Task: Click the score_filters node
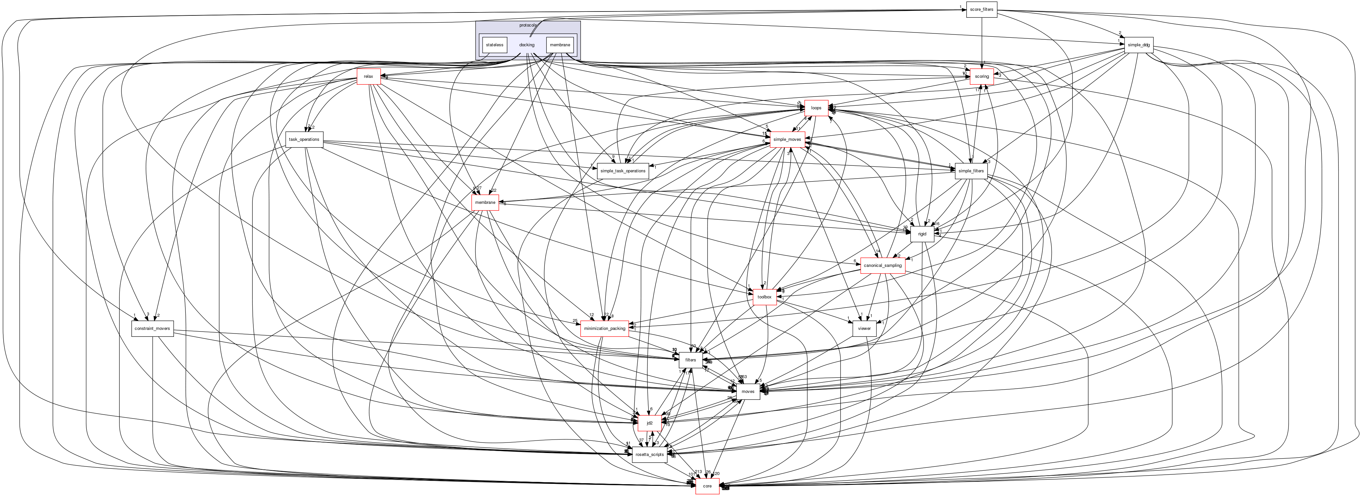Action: coord(981,10)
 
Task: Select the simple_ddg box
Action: coord(1138,45)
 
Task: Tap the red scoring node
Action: coord(982,76)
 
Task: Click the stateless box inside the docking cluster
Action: coord(495,45)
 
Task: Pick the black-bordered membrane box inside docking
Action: coord(560,45)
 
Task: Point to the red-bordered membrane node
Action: coord(485,202)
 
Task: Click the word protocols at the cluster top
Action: coord(527,25)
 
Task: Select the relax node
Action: coord(368,76)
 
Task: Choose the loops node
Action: coord(816,108)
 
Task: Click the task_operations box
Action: coord(304,140)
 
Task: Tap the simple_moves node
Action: coord(787,140)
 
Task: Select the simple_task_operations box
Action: coord(623,171)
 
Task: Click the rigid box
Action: coord(922,234)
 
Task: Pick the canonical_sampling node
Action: coord(882,265)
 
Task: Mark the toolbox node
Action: coord(764,297)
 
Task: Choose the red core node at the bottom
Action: coord(707,486)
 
